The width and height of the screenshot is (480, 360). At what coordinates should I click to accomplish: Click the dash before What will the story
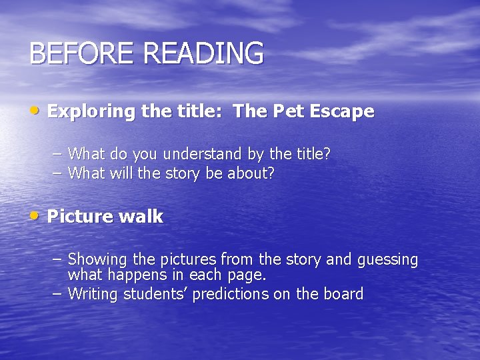57,173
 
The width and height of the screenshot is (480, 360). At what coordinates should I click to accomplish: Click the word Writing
94,294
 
